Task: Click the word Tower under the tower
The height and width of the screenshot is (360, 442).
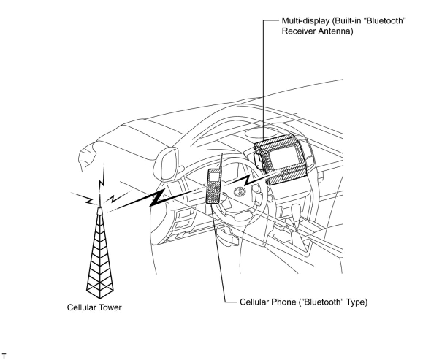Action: (110, 307)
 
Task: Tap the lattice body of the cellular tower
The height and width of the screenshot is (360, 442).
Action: (99, 256)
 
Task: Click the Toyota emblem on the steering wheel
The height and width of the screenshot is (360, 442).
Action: (238, 191)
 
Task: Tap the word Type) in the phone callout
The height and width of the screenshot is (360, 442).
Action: (357, 302)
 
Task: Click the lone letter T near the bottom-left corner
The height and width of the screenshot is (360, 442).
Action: (4, 355)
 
